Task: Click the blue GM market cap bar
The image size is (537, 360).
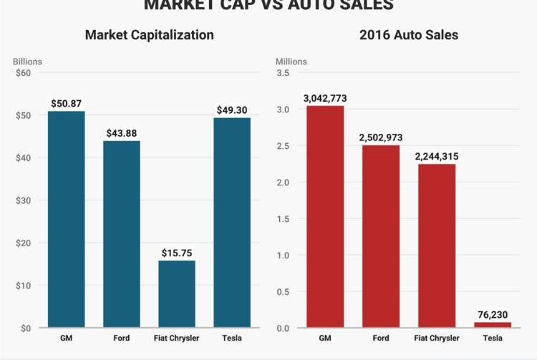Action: tap(66, 219)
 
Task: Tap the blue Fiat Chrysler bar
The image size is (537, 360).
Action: tap(177, 293)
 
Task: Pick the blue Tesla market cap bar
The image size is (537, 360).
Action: tap(232, 223)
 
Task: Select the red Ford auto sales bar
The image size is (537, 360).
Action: tap(381, 236)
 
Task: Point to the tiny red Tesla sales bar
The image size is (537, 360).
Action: tap(493, 325)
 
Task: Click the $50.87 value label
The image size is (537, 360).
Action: tap(66, 103)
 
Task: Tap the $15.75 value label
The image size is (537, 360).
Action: tap(177, 253)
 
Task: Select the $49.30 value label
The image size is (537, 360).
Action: tap(232, 110)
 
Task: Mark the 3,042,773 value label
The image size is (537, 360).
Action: tap(325, 97)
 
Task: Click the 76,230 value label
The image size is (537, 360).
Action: tap(493, 314)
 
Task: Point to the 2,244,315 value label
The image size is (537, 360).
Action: tap(437, 156)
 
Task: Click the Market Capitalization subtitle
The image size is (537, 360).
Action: tap(149, 34)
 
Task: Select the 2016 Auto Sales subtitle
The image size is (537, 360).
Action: tap(408, 34)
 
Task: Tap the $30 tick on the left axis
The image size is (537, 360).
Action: tap(24, 200)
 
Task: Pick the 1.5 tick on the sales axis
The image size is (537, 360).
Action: tap(283, 219)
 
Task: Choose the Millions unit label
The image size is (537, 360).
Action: tap(291, 62)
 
